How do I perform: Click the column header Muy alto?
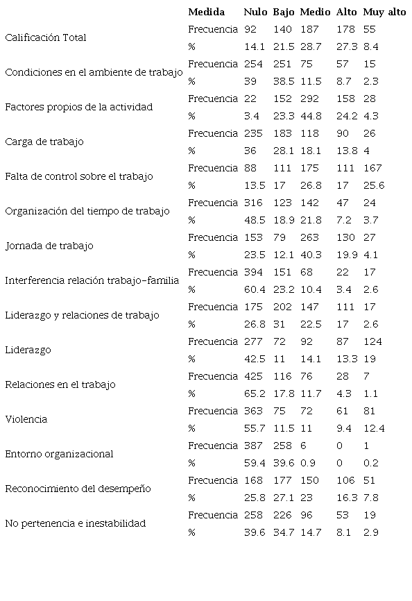click(384, 12)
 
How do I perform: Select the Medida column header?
click(206, 12)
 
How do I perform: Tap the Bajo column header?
click(284, 12)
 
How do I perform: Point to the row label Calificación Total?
click(46, 38)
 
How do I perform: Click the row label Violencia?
click(26, 420)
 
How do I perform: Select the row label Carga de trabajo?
click(44, 142)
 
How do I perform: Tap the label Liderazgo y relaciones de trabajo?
click(82, 316)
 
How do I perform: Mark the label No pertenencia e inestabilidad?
click(76, 524)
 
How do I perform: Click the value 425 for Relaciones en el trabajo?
click(252, 376)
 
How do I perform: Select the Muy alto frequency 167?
click(372, 168)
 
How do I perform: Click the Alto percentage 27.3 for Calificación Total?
click(346, 46)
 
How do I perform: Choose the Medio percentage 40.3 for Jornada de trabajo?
click(311, 255)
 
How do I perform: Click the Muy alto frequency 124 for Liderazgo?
click(372, 341)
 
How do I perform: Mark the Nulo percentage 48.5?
click(254, 220)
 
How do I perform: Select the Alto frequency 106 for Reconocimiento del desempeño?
click(345, 480)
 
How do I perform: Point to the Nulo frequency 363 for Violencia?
click(252, 411)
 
